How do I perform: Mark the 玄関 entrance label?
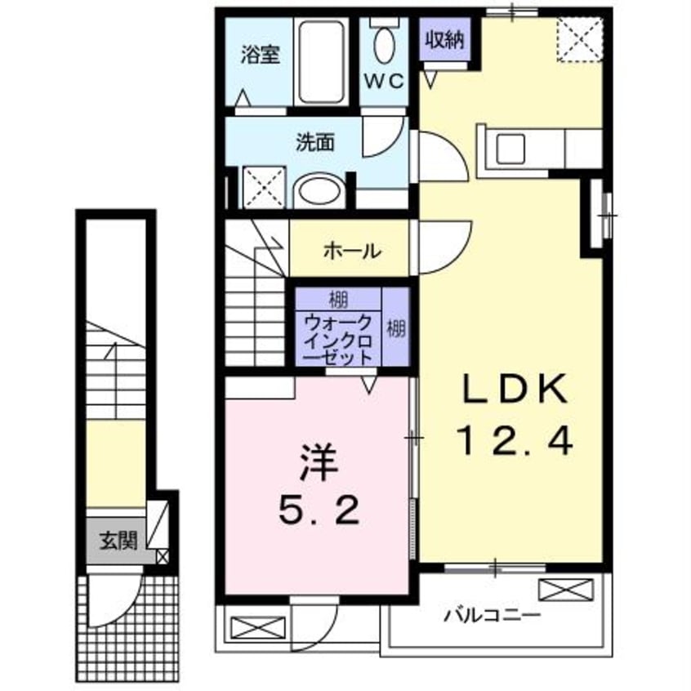118,541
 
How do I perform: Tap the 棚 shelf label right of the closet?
396,330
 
